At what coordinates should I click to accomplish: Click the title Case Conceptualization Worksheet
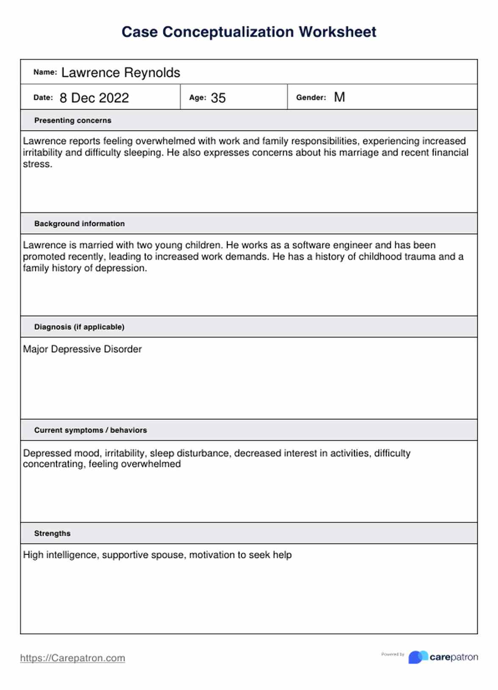249,32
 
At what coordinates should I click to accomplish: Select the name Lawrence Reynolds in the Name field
121,73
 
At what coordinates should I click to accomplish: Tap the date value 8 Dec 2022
94,98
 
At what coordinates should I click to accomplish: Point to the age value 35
218,98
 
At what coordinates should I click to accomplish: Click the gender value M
339,97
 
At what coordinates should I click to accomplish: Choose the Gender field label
311,97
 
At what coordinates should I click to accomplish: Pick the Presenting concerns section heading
73,121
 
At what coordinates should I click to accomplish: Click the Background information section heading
80,224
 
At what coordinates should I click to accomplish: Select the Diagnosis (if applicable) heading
79,327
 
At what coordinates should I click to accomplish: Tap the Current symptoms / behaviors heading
91,430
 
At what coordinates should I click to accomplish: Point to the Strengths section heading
53,533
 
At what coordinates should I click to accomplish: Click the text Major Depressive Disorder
82,349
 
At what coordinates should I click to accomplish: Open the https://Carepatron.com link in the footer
72,658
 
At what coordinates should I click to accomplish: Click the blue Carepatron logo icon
418,657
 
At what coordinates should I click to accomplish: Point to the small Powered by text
393,654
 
